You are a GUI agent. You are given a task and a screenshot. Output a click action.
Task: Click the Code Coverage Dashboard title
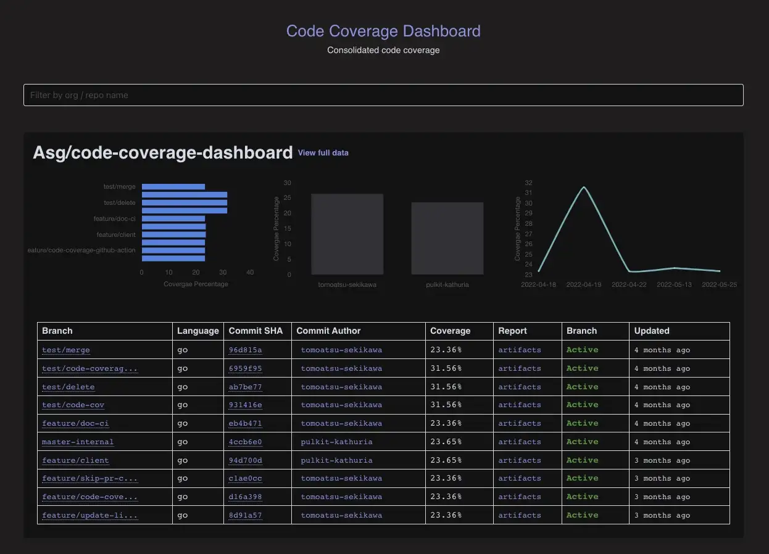tap(383, 31)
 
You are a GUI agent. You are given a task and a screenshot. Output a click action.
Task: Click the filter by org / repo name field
tap(383, 95)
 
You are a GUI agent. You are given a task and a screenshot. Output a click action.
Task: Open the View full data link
tap(323, 152)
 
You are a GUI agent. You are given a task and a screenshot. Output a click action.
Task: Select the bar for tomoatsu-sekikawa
tap(347, 234)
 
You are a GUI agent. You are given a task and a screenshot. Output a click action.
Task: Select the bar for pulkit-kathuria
tap(447, 238)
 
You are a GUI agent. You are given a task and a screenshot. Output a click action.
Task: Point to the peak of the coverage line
tap(584, 187)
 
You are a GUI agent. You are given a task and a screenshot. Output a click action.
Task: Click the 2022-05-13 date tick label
tap(674, 285)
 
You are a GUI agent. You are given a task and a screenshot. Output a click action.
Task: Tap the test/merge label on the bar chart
tap(120, 187)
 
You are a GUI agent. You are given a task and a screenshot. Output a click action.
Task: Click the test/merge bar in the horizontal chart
tap(173, 187)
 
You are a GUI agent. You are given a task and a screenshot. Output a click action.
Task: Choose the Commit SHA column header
tap(256, 331)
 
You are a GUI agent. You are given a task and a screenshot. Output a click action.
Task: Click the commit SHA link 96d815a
tap(245, 350)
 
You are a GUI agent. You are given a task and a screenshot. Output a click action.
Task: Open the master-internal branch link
tap(78, 442)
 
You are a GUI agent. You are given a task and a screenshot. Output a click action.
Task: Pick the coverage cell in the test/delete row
tap(446, 387)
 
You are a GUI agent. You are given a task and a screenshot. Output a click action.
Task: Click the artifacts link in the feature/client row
tap(520, 460)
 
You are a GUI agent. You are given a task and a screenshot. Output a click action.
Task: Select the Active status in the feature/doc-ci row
tap(582, 423)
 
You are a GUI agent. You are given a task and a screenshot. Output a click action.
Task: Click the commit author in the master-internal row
tap(336, 442)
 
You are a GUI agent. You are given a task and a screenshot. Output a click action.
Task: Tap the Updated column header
tap(652, 331)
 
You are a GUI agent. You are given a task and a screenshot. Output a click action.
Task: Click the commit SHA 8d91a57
tap(245, 515)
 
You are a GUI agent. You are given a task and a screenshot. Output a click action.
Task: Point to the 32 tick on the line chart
tap(528, 183)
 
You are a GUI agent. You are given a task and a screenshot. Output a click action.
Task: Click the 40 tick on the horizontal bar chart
tap(250, 272)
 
